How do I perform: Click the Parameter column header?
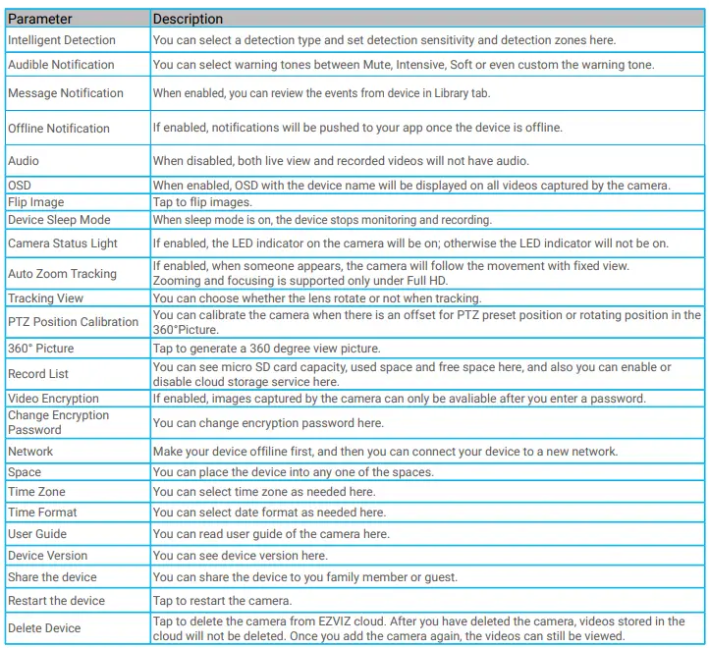(x=40, y=19)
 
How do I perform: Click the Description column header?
(x=188, y=19)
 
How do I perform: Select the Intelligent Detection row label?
(x=62, y=40)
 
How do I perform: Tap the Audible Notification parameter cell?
(x=61, y=65)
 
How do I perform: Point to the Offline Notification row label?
(x=59, y=129)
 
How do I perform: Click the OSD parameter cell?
(x=21, y=186)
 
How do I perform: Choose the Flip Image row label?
(x=36, y=202)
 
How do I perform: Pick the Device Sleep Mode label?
(x=59, y=220)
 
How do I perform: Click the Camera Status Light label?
(x=63, y=243)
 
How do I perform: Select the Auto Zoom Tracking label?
(x=62, y=274)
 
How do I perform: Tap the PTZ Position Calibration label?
(x=74, y=322)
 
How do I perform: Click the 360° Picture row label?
(x=40, y=349)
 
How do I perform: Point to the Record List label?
(x=38, y=374)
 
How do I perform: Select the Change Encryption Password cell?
(x=59, y=423)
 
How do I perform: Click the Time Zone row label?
(x=36, y=492)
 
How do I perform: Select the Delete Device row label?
(x=44, y=628)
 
